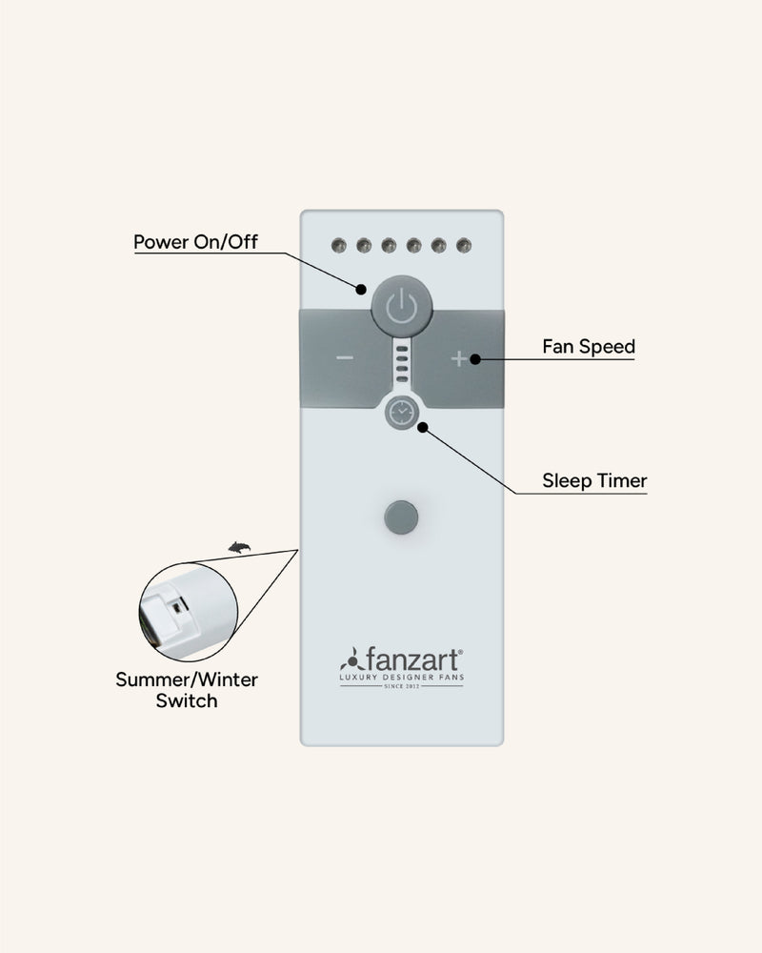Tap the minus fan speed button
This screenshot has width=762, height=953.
click(x=345, y=358)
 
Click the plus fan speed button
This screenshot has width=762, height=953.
click(x=459, y=358)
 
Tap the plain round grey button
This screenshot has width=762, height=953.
click(x=401, y=517)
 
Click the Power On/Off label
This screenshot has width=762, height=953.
click(x=195, y=241)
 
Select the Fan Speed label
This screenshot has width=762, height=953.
click(x=589, y=347)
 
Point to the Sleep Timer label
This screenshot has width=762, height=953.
click(x=594, y=480)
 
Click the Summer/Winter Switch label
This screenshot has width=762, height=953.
click(x=187, y=690)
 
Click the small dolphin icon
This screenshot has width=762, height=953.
click(x=239, y=547)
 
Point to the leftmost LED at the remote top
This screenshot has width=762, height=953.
click(x=336, y=246)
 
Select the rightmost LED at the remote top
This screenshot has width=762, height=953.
click(x=464, y=246)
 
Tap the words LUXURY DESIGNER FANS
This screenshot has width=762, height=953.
click(x=401, y=676)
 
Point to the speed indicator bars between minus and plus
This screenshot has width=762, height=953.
click(x=402, y=362)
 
